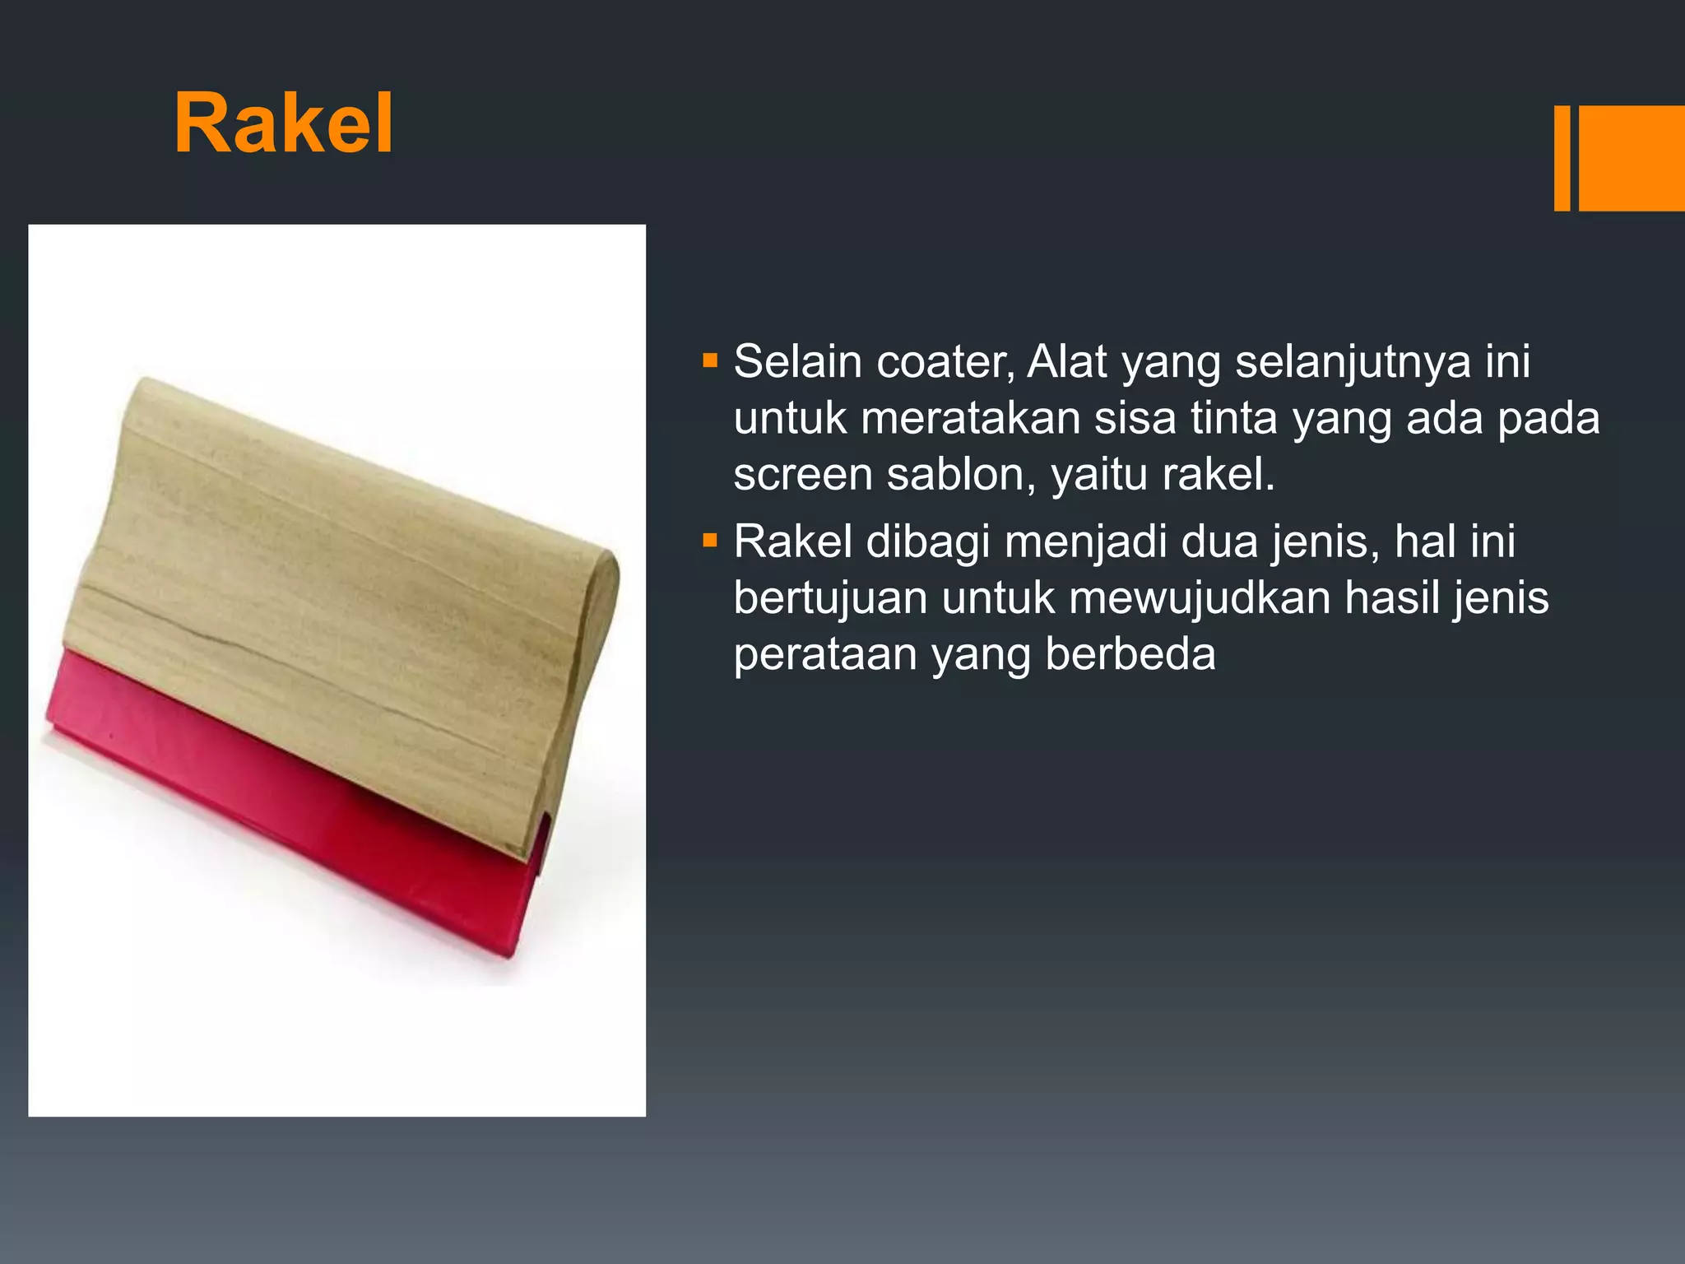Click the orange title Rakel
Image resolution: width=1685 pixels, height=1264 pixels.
pos(284,124)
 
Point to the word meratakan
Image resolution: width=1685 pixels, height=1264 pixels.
pos(970,418)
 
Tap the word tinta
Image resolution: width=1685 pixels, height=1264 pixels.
pos(1234,418)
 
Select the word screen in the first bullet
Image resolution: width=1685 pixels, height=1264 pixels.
pos(802,475)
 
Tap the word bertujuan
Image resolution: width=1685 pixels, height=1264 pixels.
pos(830,598)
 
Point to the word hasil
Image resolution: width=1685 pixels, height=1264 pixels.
pos(1391,598)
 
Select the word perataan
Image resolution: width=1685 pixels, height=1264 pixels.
pos(825,655)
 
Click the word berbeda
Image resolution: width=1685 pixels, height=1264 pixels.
pos(1130,655)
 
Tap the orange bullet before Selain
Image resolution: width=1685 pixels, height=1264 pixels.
pos(711,360)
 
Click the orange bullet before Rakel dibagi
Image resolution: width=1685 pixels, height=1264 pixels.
pos(711,541)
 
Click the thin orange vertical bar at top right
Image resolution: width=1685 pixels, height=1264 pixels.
pos(1562,158)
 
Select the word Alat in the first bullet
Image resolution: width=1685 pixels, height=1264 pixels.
pos(1067,362)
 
